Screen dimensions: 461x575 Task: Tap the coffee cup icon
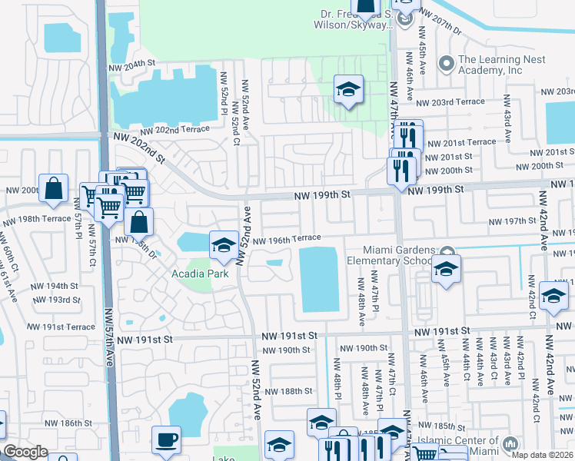point(166,440)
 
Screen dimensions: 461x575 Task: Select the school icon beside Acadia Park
point(224,245)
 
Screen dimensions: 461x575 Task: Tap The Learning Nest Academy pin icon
point(445,62)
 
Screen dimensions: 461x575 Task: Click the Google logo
point(25,452)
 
